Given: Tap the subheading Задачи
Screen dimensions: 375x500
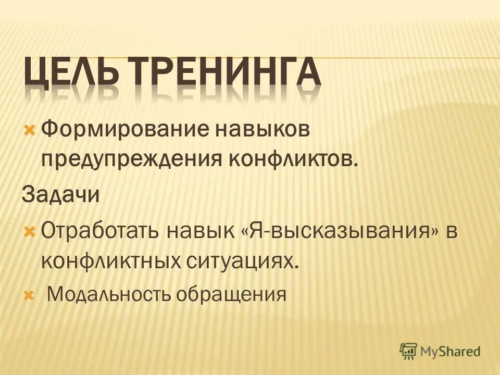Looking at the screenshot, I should coord(60,195).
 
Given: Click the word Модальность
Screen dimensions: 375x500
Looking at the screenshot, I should coord(108,295).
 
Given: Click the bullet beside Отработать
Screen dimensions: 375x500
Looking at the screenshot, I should coord(29,229).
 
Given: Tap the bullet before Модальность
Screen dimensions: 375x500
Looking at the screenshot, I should coord(29,295).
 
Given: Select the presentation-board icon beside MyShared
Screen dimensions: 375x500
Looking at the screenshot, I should coord(409,351).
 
